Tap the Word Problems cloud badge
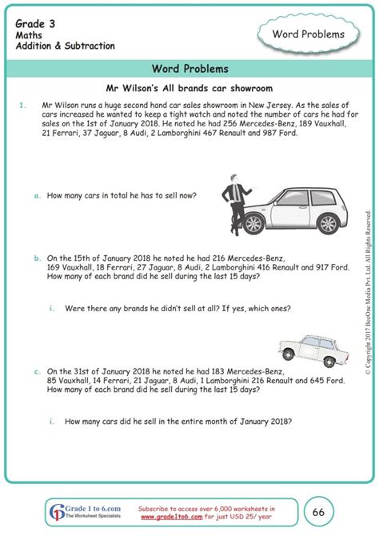(309, 34)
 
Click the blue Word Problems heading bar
(189, 69)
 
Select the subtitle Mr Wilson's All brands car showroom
(189, 87)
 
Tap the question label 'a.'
(38, 195)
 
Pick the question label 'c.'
(38, 372)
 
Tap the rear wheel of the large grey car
(327, 222)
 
